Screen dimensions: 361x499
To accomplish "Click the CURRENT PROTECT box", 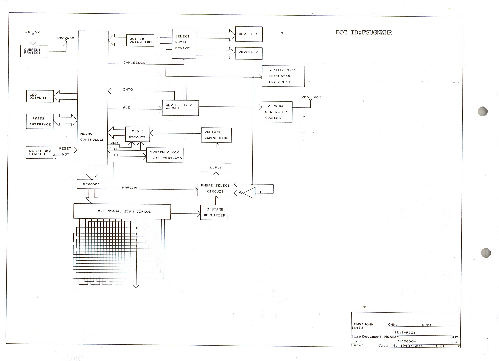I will coord(34,51).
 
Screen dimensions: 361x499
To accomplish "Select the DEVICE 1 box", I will coord(249,34).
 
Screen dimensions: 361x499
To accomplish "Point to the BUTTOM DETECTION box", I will coord(140,40).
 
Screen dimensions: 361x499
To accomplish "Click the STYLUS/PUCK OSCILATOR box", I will coord(283,76).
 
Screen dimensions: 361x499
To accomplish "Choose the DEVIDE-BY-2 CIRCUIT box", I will coord(180,107).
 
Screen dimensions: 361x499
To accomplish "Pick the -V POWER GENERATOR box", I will coord(277,112).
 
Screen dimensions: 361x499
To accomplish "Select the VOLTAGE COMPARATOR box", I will coord(216,135).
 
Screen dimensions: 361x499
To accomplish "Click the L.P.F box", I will coord(216,168).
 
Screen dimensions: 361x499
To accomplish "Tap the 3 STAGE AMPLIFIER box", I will coord(214,212).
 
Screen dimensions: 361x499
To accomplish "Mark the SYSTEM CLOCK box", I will coord(165,155).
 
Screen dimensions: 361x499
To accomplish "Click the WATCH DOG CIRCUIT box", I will coord(39,153).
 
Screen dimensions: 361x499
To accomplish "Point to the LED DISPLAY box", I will coord(40,96).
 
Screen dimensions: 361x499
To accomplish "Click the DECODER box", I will coord(92,184).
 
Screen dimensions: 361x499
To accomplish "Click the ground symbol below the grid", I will coord(136,286).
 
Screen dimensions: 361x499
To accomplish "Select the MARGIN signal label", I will coord(129,187).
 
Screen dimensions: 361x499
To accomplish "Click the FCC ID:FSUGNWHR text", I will coord(363,32).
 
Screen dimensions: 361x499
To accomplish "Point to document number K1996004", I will coord(406,341).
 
